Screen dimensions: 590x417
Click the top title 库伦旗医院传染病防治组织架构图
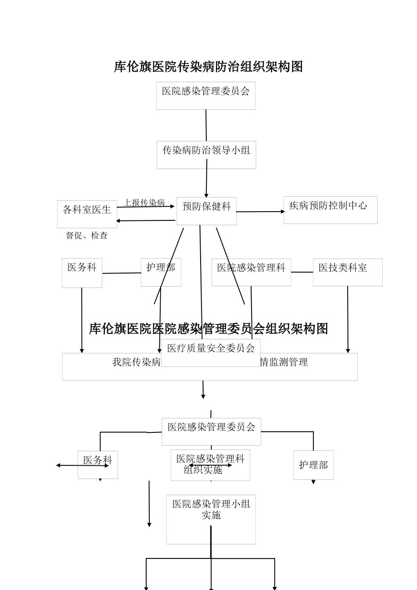click(x=208, y=67)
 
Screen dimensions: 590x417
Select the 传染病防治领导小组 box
click(x=206, y=155)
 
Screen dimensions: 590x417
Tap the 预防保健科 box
click(x=206, y=211)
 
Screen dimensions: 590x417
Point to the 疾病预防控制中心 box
click(x=330, y=210)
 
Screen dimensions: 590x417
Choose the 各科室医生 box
click(x=87, y=214)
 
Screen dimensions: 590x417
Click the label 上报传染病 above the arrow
click(x=144, y=202)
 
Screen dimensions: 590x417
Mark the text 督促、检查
click(x=87, y=236)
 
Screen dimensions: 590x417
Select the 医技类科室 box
click(x=347, y=272)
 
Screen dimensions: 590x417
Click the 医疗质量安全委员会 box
click(x=211, y=352)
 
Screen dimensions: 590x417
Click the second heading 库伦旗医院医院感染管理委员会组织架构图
click(x=208, y=329)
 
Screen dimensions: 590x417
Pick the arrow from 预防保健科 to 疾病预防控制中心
click(x=260, y=212)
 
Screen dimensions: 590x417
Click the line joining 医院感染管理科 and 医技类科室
click(x=302, y=272)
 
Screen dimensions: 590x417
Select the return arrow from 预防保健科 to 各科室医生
click(x=146, y=220)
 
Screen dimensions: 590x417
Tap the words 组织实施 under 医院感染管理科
click(x=203, y=470)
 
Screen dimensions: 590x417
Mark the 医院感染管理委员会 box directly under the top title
click(x=205, y=95)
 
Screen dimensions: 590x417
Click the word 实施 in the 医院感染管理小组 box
click(x=211, y=515)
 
